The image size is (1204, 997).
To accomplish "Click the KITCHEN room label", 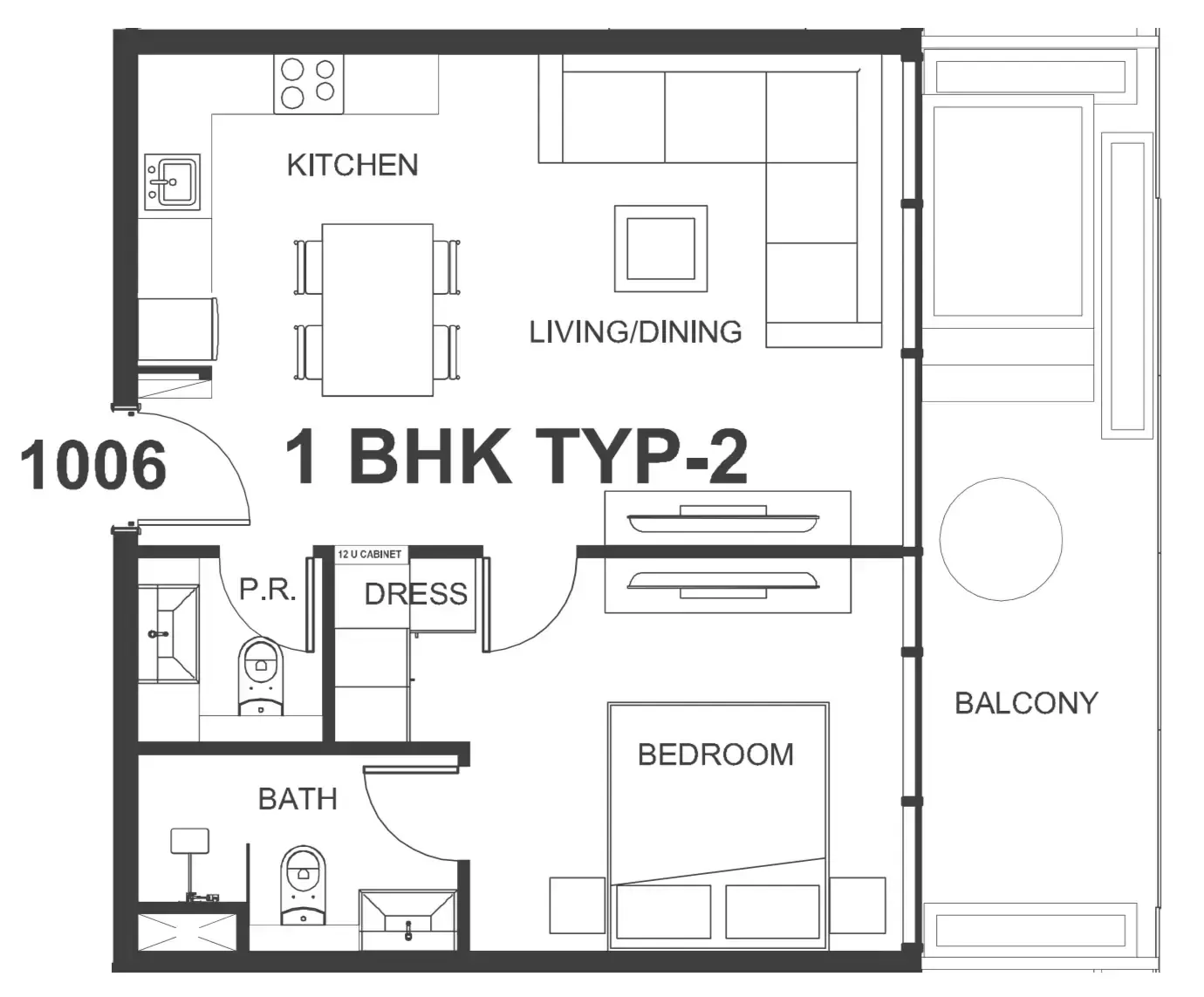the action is pos(352,166).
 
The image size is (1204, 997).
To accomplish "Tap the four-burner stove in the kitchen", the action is pos(309,85).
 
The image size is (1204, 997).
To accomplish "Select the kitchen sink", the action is pos(172,181).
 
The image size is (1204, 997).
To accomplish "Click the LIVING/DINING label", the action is pos(635,332).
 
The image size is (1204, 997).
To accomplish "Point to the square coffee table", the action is pos(660,249).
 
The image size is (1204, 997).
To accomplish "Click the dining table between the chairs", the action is pos(378,311).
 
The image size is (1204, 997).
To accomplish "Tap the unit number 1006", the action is pos(93,465).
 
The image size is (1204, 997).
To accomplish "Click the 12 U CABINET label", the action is pos(370,554).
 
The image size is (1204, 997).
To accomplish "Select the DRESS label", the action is pos(416,594).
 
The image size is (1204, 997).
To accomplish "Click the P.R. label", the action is pos(268,590).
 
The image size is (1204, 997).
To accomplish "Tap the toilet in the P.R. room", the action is pos(261,676).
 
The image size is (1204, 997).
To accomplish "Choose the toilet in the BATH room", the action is pos(303,885).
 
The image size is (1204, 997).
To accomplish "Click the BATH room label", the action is pos(298,799).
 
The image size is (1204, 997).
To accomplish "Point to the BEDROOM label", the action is pos(715,755).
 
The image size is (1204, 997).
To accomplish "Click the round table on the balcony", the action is pos(1001,539).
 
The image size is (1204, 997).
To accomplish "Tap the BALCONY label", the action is pos(1026,704).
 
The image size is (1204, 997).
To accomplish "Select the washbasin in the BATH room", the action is pos(408,919).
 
